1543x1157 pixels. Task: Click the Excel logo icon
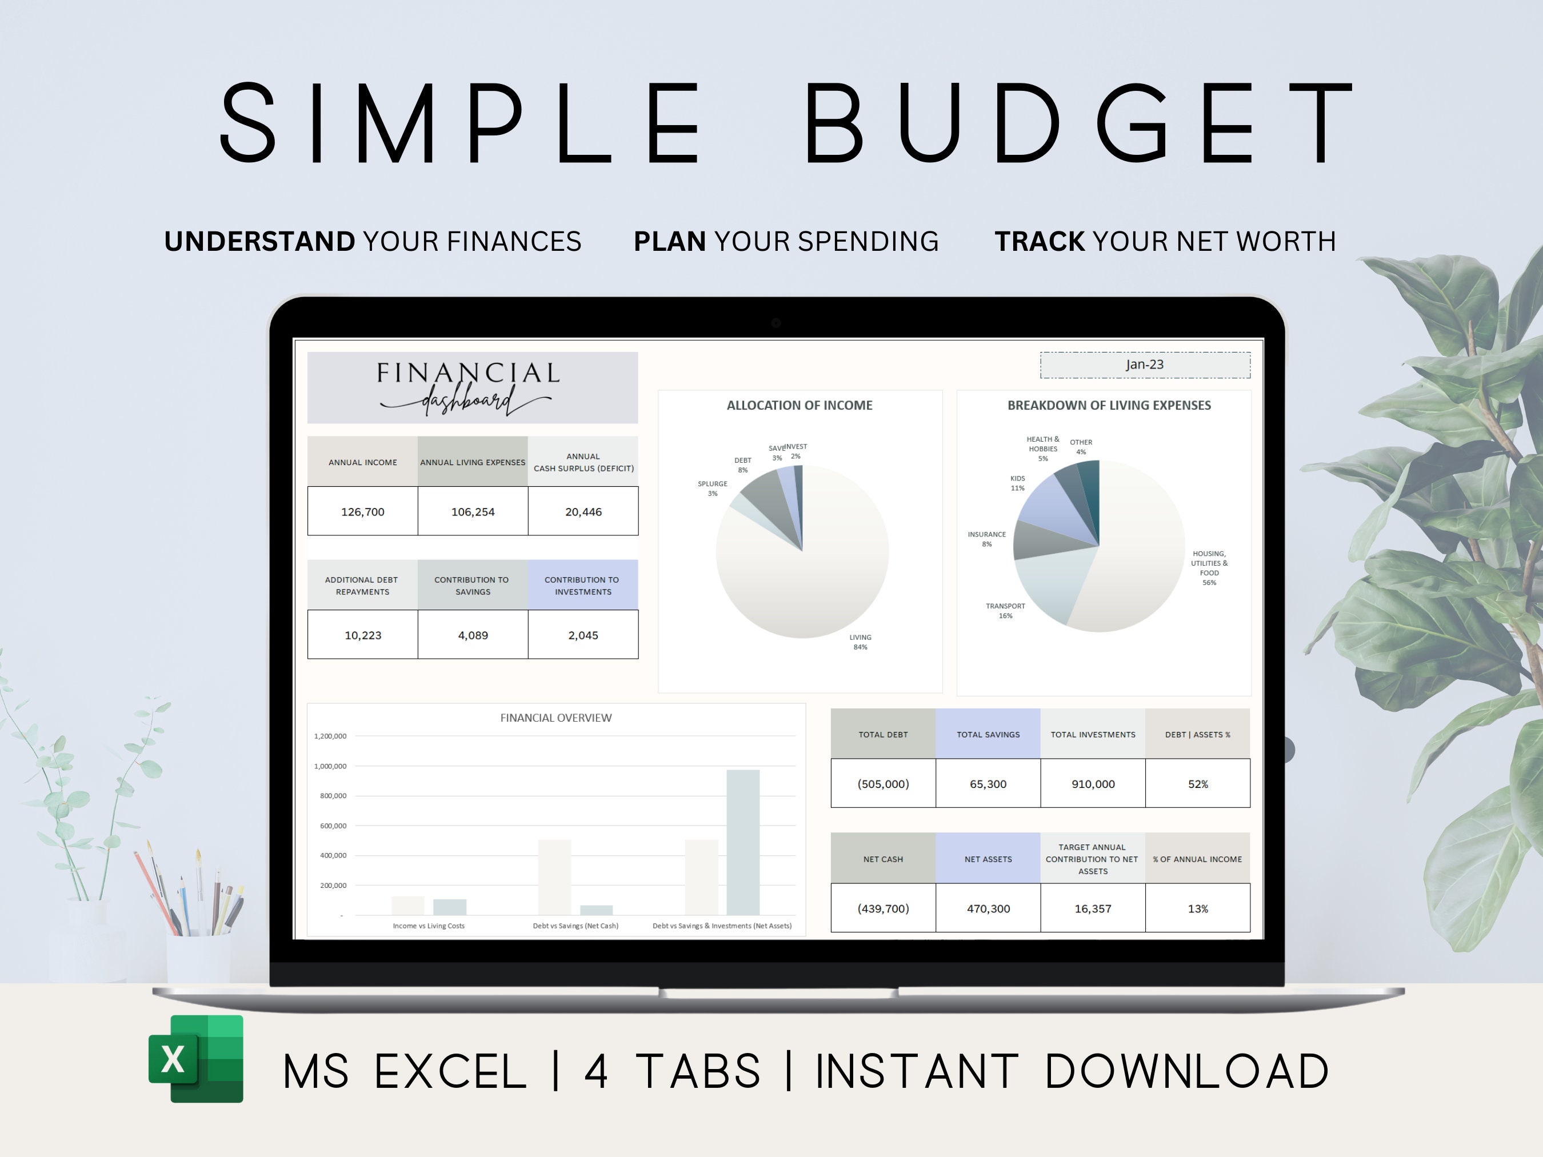(196, 1058)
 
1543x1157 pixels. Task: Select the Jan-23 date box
(1145, 365)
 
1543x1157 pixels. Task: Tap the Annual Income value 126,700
(363, 512)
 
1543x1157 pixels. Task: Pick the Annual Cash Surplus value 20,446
(583, 512)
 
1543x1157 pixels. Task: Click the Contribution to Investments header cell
(582, 585)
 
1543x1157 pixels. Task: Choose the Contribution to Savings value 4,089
(473, 635)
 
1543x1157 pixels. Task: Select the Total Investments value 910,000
(1093, 784)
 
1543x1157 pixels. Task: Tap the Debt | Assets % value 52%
(1198, 784)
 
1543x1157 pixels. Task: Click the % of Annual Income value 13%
(1198, 908)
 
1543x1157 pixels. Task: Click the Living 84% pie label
(860, 642)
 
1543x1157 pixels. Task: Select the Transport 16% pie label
(1005, 611)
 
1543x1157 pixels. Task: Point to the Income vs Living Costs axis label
(428, 926)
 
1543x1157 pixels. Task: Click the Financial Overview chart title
(556, 718)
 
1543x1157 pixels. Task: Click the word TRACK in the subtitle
(1040, 241)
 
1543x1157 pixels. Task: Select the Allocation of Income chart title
(800, 405)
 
